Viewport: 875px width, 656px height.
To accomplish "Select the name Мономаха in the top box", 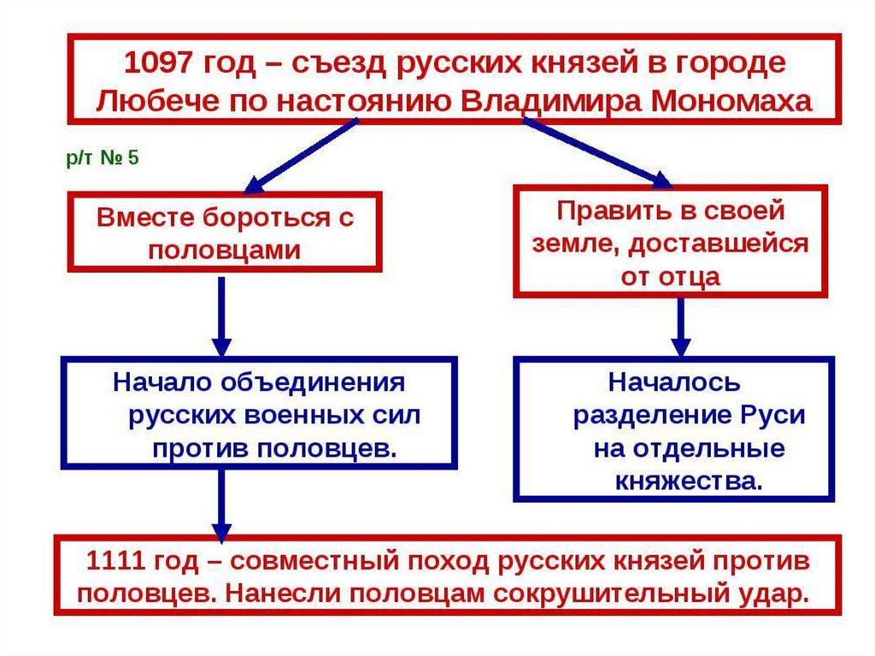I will click(x=731, y=100).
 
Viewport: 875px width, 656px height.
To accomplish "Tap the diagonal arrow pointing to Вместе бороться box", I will click(x=298, y=154).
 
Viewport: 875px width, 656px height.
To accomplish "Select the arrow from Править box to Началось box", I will click(x=680, y=326).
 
